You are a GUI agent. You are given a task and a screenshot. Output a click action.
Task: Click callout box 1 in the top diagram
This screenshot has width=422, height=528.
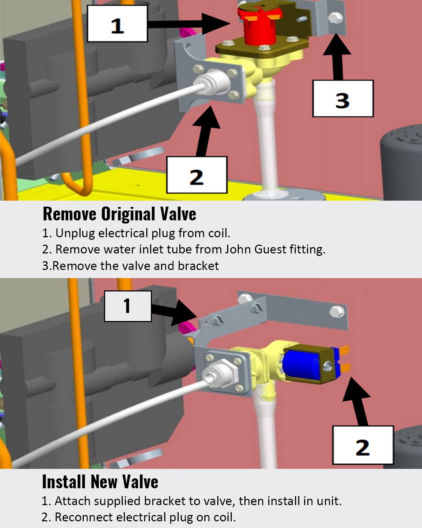(117, 24)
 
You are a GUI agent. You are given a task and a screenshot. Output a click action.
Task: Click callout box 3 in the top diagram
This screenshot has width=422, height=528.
(343, 99)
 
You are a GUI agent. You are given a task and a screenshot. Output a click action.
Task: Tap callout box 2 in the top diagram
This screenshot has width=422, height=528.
(197, 175)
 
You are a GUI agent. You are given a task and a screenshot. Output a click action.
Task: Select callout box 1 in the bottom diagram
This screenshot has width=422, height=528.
(128, 306)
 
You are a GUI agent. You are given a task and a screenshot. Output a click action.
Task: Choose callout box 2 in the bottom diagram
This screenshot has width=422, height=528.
(363, 445)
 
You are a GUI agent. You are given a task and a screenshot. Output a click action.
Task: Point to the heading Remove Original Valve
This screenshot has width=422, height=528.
(119, 214)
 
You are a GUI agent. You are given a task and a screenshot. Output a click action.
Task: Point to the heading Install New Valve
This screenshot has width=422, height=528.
(100, 482)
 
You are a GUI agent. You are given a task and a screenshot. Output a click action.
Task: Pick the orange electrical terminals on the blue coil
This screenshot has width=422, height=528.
(344, 359)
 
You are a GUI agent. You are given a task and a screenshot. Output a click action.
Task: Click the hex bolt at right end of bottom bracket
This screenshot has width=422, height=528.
(337, 311)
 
